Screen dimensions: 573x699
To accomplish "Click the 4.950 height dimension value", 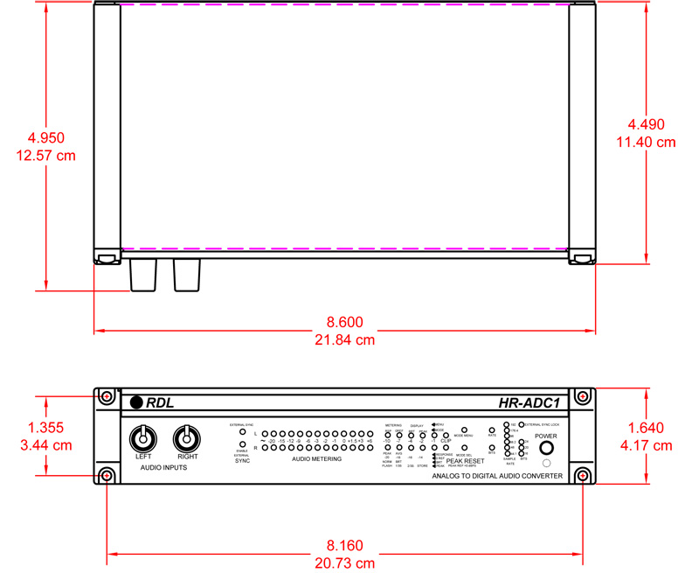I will [x=46, y=138].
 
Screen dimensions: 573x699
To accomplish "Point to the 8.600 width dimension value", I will [x=345, y=322].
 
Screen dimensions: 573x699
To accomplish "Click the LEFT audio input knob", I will [x=142, y=438].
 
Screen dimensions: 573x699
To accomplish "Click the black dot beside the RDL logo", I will [x=136, y=403].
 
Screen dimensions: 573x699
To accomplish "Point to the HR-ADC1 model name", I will [x=529, y=403].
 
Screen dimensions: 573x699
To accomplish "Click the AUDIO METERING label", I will [x=316, y=459].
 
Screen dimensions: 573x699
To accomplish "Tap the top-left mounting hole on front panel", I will [x=107, y=396].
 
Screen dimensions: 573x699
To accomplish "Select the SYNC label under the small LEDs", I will [x=242, y=461].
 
